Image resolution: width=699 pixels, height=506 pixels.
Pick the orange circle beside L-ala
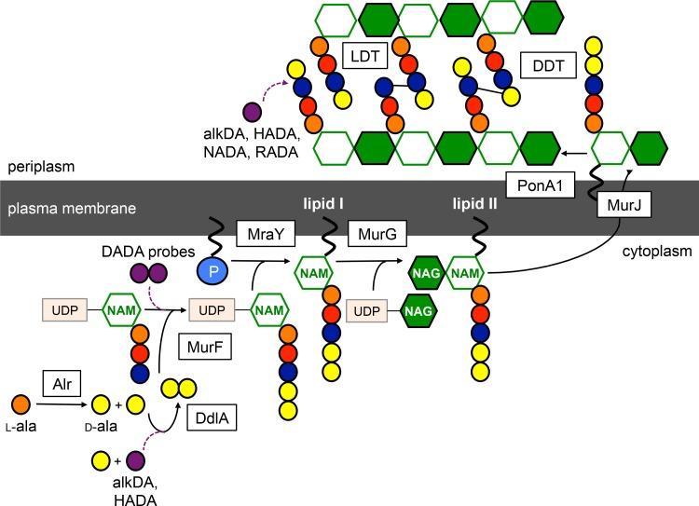coord(20,403)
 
